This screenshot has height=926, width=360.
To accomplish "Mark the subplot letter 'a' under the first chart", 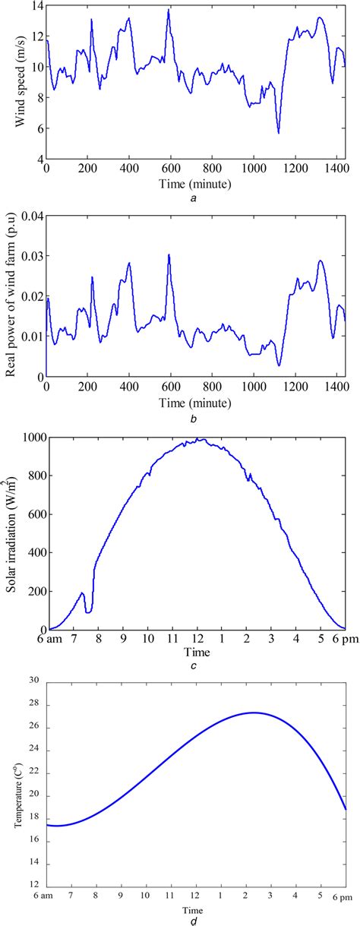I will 196,196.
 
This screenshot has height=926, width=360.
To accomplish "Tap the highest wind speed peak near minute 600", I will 169,11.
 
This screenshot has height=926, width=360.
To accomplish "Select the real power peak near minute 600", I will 169,254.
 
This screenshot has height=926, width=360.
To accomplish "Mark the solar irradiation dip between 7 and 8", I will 89,612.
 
